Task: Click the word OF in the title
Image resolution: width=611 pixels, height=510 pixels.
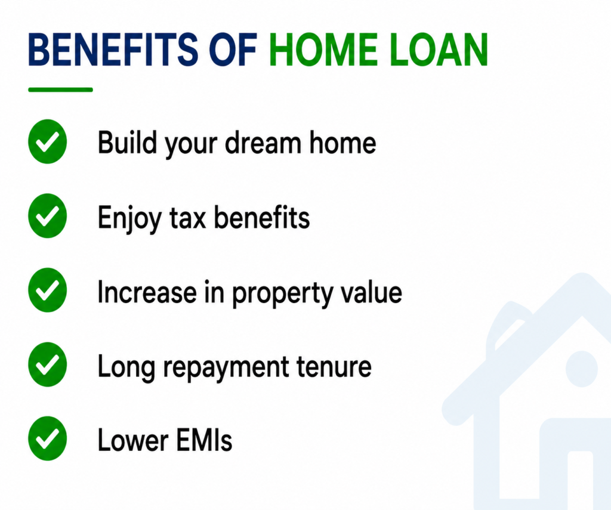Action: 233,50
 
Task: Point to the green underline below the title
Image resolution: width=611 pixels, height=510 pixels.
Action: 60,89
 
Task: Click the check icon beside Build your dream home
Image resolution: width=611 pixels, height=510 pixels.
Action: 48,141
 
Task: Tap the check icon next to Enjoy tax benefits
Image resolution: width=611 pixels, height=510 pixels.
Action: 48,215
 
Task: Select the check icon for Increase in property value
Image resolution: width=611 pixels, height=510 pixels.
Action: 48,290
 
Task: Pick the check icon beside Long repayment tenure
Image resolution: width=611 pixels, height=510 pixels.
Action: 48,364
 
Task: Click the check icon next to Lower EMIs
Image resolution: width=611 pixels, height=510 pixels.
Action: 48,438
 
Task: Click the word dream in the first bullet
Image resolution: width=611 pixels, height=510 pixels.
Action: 263,142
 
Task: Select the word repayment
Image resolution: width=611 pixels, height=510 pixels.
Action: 226,367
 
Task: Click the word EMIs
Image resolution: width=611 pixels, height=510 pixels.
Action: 204,440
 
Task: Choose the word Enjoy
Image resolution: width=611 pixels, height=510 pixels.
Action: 129,218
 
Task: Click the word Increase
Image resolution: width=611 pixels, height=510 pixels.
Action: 147,292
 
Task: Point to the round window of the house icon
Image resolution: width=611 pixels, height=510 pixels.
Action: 581,369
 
